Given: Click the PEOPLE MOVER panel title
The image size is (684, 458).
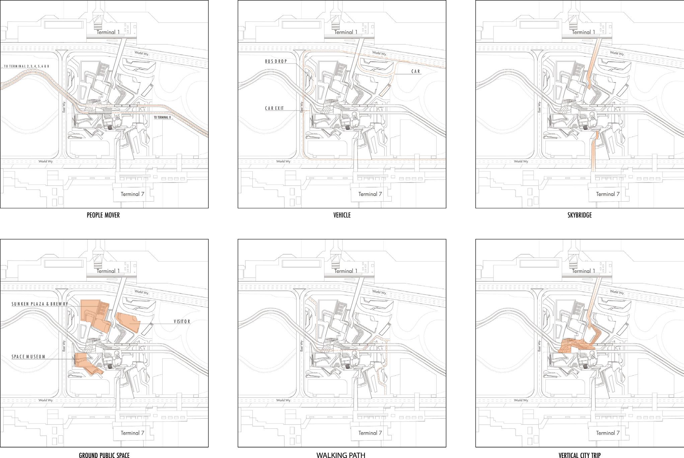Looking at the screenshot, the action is (103, 215).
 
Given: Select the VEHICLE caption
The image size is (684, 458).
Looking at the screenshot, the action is (342, 215).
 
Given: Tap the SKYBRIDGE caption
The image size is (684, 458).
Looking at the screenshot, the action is (580, 215).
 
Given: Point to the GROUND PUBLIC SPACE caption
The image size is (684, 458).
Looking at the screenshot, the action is (104, 455).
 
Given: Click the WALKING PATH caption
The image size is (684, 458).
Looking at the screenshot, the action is (341, 455).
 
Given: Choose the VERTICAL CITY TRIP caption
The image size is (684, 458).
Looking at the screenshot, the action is (580, 455).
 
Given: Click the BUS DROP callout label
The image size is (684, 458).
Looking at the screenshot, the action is (276, 62).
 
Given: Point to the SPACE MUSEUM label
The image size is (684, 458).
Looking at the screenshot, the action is (28, 357).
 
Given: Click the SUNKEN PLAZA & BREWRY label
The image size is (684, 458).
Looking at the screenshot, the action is (40, 304).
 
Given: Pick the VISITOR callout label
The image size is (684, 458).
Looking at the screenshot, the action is (182, 322).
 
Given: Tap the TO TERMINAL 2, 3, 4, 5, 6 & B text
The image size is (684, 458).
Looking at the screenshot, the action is (27, 66).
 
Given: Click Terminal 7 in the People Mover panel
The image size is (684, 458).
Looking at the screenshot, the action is (133, 194).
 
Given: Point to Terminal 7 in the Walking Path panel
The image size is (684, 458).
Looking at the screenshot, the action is (370, 433).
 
